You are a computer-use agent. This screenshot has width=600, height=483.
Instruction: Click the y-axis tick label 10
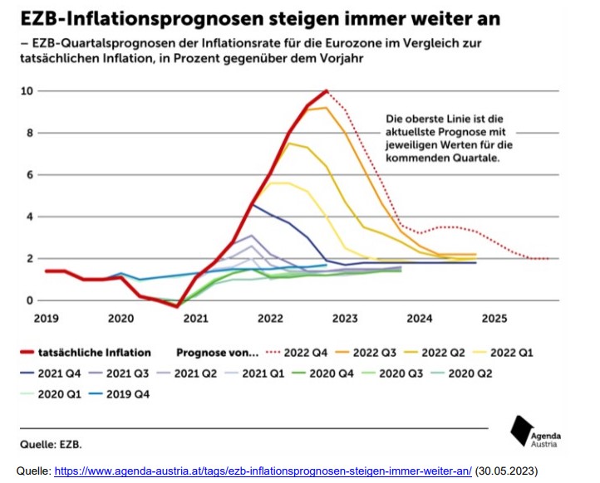(x=27, y=90)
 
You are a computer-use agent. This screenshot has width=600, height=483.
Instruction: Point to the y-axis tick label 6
(x=30, y=174)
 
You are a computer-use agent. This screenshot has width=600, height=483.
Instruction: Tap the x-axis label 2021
(x=196, y=317)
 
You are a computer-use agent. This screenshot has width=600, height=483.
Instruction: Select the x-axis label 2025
(x=494, y=317)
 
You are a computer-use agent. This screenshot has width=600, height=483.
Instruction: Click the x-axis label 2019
(x=47, y=317)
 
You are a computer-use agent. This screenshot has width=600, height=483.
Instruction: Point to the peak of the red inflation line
(x=327, y=90)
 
